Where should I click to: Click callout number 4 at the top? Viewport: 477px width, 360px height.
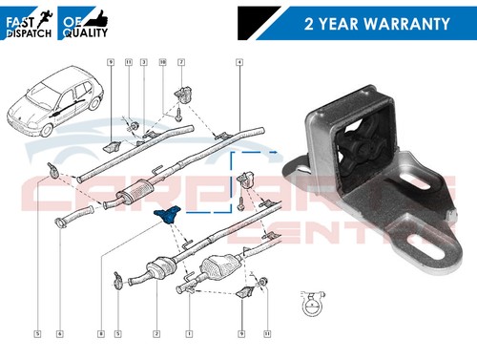pyautogui.click(x=238, y=62)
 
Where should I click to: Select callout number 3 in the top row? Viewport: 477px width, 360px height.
pyautogui.click(x=143, y=62)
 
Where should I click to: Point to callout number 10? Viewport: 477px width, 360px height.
pyautogui.click(x=162, y=62)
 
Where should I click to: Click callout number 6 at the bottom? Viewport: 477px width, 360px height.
pyautogui.click(x=59, y=333)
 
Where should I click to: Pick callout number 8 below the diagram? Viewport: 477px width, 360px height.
pyautogui.click(x=99, y=333)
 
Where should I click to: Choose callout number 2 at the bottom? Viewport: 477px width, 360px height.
pyautogui.click(x=155, y=333)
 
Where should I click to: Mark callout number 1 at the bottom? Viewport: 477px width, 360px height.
pyautogui.click(x=189, y=333)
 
